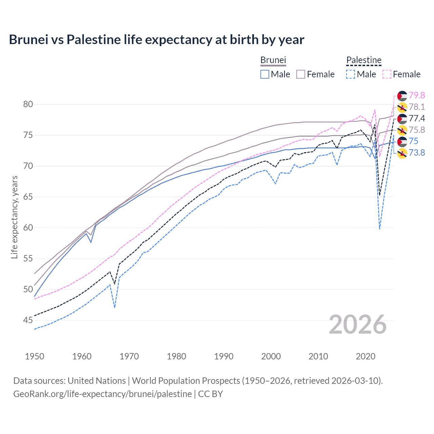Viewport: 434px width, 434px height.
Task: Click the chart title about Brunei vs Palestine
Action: coord(156,40)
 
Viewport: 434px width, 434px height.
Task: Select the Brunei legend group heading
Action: coord(273,60)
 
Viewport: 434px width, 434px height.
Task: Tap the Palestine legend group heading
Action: coord(364,60)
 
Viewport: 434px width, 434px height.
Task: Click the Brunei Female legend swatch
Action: coord(301,74)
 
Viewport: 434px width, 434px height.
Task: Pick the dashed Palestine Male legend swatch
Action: coord(351,74)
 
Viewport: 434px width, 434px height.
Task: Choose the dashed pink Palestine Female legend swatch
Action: coord(387,74)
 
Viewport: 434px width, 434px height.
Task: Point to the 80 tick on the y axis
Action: coord(28,104)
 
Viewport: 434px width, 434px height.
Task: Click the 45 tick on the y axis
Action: coord(28,320)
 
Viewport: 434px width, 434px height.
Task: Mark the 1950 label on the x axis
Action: coord(35,356)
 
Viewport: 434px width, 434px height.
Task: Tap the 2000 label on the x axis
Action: coord(271,356)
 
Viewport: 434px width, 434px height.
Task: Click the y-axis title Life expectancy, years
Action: coord(14,217)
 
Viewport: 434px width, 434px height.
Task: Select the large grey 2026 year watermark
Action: coord(358,325)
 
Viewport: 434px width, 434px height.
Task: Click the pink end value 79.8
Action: coord(417,95)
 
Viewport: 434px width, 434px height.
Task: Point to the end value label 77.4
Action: coord(417,118)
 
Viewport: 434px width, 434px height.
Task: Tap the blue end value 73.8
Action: coord(417,153)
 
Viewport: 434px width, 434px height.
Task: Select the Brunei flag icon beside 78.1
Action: coord(402,107)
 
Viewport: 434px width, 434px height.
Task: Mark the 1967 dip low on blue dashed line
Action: coord(115,307)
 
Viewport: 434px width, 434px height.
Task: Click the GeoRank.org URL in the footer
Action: coord(102,394)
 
